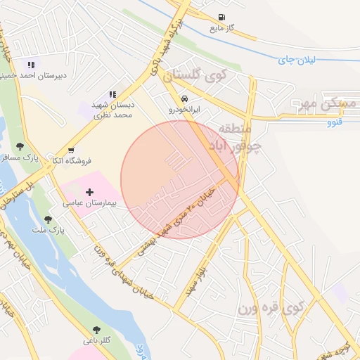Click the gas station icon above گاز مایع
click(222, 18)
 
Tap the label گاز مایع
click(221, 29)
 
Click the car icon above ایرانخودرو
click(184, 98)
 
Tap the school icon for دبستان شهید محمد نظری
click(112, 94)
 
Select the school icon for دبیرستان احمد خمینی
click(30, 65)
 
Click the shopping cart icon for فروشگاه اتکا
click(71, 150)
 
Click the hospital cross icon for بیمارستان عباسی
click(89, 191)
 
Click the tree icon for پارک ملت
click(48, 219)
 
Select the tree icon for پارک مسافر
click(19, 146)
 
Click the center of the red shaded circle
click(180, 180)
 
